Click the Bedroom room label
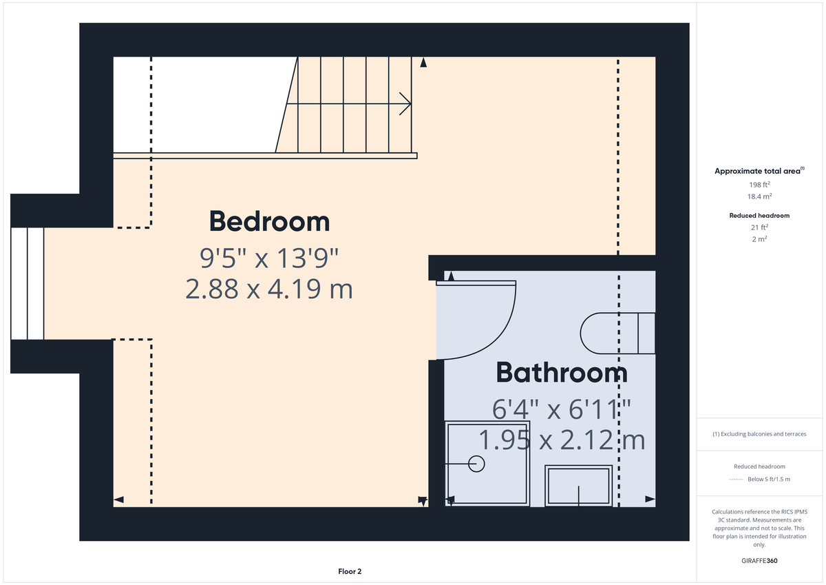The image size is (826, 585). click(x=269, y=222)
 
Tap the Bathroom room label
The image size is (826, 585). click(x=561, y=373)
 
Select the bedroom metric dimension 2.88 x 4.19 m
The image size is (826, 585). click(x=269, y=289)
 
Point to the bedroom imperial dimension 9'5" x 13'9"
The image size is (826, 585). click(x=269, y=259)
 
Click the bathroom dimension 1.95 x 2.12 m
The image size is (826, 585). click(x=562, y=439)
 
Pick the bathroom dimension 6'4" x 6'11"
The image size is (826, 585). click(x=562, y=409)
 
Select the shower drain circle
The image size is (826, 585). click(x=476, y=464)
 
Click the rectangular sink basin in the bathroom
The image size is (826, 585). click(x=578, y=486)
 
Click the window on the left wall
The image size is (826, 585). click(x=28, y=283)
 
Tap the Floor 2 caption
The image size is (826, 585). click(x=350, y=571)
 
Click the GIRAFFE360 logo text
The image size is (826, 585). click(x=759, y=561)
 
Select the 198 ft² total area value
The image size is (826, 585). click(x=759, y=185)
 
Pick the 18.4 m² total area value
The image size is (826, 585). click(x=759, y=196)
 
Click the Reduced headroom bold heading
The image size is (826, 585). click(x=759, y=216)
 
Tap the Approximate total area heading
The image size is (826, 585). click(x=758, y=171)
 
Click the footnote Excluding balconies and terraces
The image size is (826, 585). click(x=759, y=434)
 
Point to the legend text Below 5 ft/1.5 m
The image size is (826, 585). click(x=768, y=480)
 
